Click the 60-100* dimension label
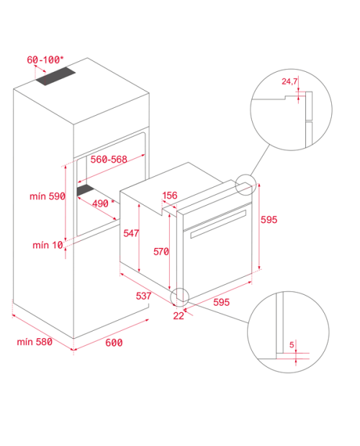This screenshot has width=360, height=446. pyautogui.click(x=45, y=60)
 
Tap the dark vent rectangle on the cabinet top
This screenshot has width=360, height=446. pyautogui.click(x=55, y=76)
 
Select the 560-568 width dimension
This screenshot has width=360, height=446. pyautogui.click(x=109, y=159)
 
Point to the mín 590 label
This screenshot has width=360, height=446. pyautogui.click(x=48, y=196)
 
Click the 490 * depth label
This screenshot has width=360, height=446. pyautogui.click(x=103, y=203)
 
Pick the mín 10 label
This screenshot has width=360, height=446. pyautogui.click(x=48, y=245)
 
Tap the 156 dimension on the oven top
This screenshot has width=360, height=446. pyautogui.click(x=170, y=196)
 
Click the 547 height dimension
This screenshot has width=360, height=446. pyautogui.click(x=131, y=233)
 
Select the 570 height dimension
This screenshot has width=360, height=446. pyautogui.click(x=161, y=252)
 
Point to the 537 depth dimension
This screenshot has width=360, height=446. pyautogui.click(x=143, y=296)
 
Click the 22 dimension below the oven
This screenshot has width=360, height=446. pyautogui.click(x=179, y=316)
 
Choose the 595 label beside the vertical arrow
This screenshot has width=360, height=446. pyautogui.click(x=269, y=219)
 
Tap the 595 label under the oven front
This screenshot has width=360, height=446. pyautogui.click(x=221, y=302)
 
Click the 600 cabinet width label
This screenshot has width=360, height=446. pyautogui.click(x=114, y=342)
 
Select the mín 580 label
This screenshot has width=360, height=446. pyautogui.click(x=35, y=342)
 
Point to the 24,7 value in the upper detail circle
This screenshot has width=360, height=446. pyautogui.click(x=289, y=81)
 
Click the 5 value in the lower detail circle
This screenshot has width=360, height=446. pyautogui.click(x=292, y=345)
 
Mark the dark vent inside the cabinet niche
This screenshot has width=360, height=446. pyautogui.click(x=85, y=190)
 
